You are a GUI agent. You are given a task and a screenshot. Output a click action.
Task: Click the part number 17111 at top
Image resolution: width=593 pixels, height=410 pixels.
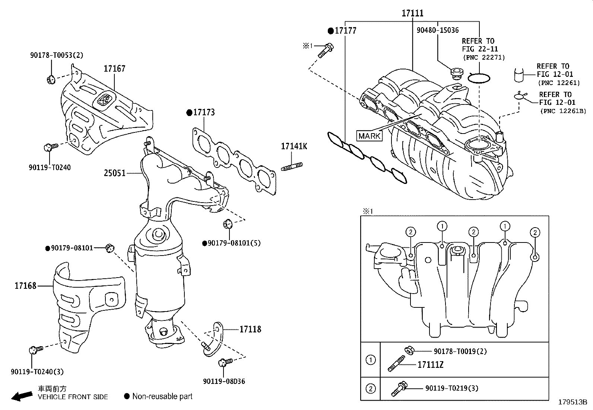[412, 13]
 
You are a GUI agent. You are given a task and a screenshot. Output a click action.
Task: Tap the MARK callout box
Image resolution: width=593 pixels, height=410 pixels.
[369, 136]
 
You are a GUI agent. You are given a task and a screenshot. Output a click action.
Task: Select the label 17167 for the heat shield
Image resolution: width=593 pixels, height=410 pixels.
[114, 69]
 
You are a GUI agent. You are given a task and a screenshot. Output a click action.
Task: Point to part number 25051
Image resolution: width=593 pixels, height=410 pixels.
[115, 173]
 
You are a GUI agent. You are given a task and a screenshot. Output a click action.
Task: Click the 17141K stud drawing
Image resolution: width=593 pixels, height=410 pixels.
[292, 167]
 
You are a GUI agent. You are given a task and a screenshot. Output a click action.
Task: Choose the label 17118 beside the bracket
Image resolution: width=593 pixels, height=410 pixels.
[250, 329]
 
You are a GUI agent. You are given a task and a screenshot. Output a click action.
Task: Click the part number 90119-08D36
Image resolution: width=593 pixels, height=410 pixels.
[224, 381]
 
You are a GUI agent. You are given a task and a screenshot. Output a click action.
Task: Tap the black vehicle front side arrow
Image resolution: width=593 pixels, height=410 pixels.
[22, 396]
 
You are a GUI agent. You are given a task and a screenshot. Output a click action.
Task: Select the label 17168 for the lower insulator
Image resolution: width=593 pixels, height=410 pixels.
[25, 286]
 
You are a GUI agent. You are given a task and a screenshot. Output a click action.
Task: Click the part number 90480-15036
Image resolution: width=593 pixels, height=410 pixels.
[438, 30]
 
